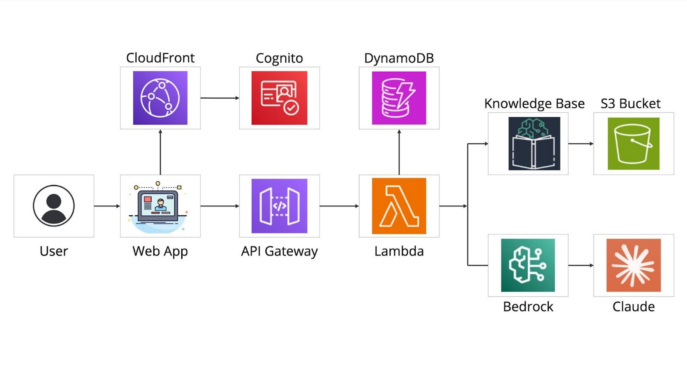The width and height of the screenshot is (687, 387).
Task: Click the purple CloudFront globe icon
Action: coord(160,98)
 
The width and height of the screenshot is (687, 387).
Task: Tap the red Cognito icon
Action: coord(279,98)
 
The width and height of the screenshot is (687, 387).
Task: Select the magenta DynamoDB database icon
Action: coord(399,98)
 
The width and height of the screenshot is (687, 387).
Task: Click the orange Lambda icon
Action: coord(399,206)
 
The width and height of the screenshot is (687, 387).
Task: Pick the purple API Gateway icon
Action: coord(279,206)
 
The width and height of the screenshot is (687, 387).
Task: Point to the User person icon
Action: coord(54,206)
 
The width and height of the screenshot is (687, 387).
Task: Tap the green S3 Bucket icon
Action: coord(633,144)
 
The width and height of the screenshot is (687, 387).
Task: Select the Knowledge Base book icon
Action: coord(534,144)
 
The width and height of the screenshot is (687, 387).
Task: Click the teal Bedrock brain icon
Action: coord(528,265)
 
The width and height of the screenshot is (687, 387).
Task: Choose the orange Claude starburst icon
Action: coord(633,265)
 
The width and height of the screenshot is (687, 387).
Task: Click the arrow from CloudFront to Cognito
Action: coord(220,98)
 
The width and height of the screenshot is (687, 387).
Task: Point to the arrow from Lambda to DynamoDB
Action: coord(399,152)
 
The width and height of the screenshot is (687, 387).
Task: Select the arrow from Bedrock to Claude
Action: coord(581,265)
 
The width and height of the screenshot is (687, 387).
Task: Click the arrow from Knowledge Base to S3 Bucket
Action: coord(581,144)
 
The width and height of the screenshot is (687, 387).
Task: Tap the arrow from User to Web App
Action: coord(107,206)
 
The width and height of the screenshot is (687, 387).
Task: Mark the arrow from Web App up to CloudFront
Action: coord(160,152)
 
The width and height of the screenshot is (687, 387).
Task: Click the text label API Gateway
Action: coord(279,251)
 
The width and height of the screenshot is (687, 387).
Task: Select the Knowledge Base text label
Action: coord(534,103)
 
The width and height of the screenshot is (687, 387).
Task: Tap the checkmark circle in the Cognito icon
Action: coord(291,108)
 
